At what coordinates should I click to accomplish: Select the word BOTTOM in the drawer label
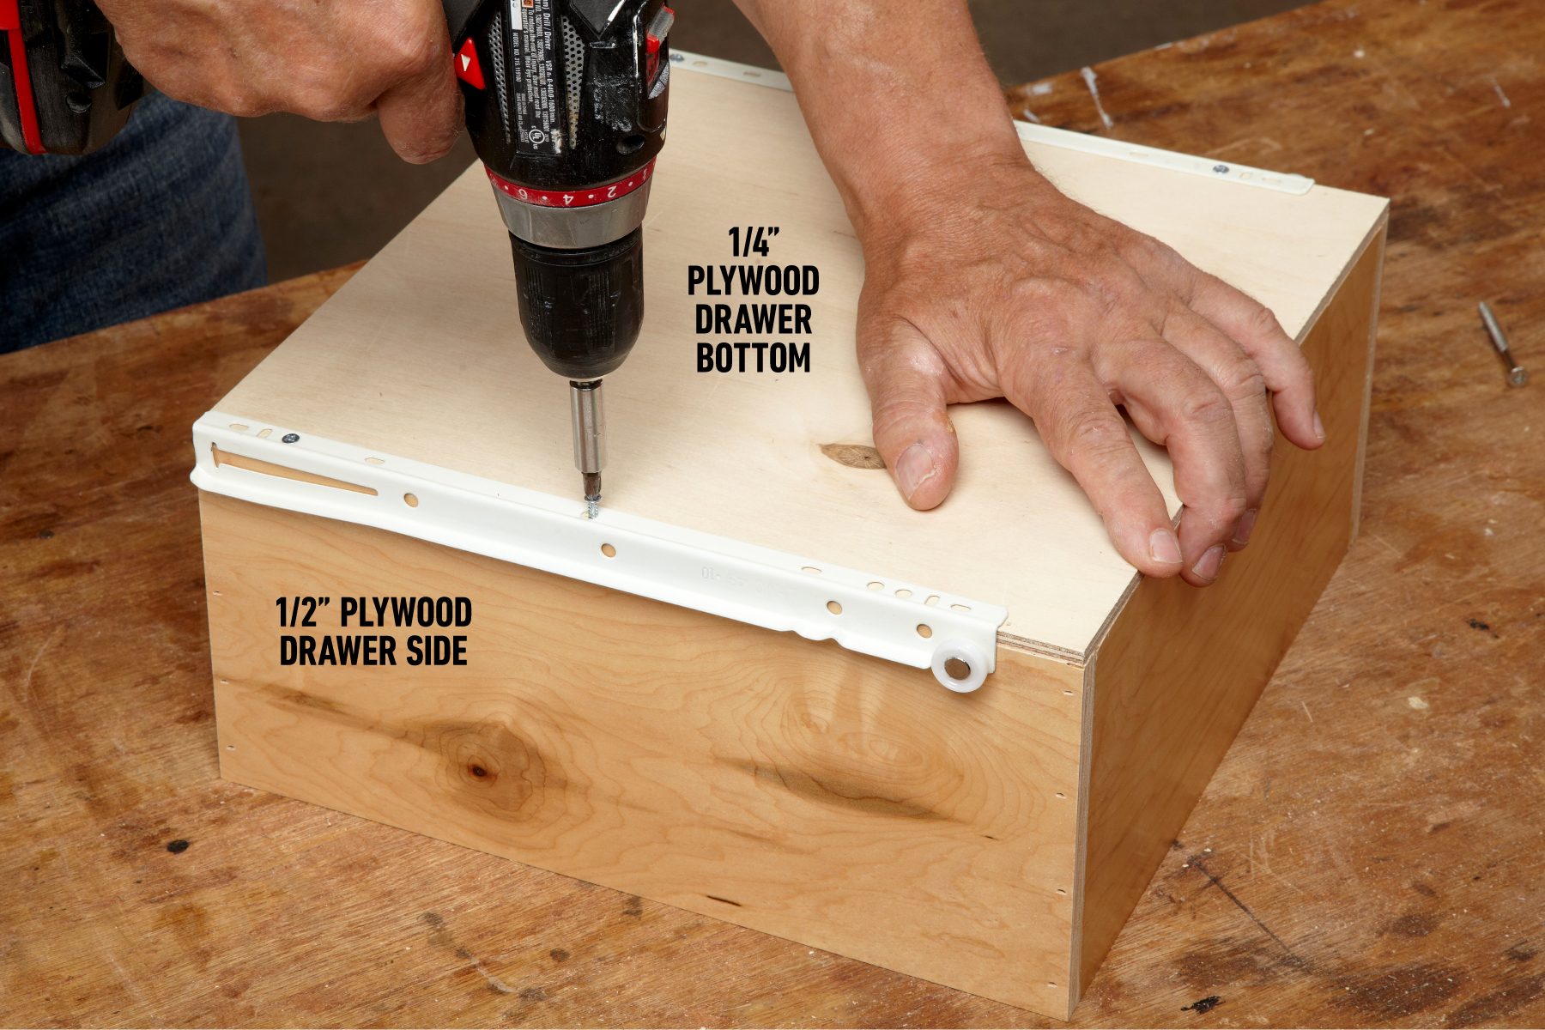753,359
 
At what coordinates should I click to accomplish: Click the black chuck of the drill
575,300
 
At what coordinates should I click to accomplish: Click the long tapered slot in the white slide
292,474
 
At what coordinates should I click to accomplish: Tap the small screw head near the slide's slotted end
290,439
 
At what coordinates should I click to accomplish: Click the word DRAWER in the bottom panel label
753,320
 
